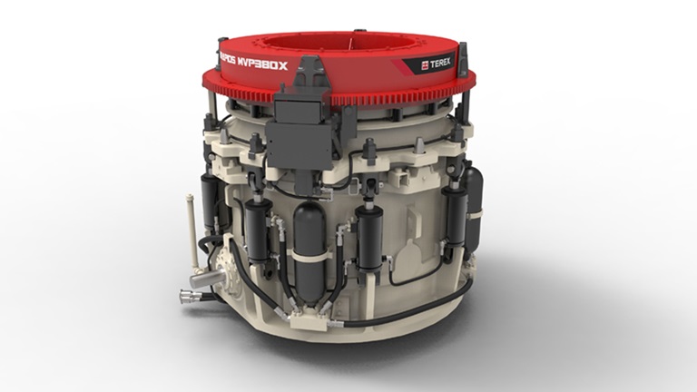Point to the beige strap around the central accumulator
309,255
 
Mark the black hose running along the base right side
427,305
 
